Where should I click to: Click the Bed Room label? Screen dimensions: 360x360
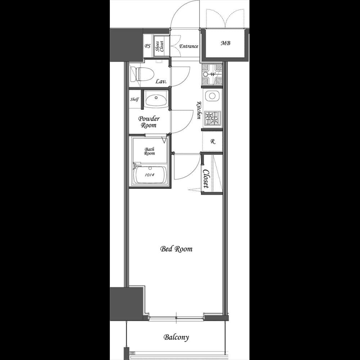[176, 249]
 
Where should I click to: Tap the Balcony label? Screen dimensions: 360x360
[176, 337]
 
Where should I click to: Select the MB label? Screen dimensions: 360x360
[225, 43]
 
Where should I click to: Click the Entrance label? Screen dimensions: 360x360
[189, 46]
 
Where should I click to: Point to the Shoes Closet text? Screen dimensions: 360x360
[159, 46]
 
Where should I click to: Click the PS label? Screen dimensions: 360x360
[147, 46]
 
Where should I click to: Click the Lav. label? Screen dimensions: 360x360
[161, 82]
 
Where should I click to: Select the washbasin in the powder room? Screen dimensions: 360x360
[156, 98]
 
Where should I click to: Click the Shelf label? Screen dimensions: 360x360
[134, 99]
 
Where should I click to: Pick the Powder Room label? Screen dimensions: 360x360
[149, 122]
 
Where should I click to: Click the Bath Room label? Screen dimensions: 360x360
[149, 151]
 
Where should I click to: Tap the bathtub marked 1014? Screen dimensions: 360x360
[149, 175]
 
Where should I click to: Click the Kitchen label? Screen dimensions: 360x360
[198, 110]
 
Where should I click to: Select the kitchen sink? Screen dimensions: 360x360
[212, 96]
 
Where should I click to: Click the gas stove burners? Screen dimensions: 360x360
[212, 118]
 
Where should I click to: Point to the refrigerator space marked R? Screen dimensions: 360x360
[212, 141]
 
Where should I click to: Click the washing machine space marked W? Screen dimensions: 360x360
[212, 74]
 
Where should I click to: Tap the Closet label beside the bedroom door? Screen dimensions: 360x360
[206, 179]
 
